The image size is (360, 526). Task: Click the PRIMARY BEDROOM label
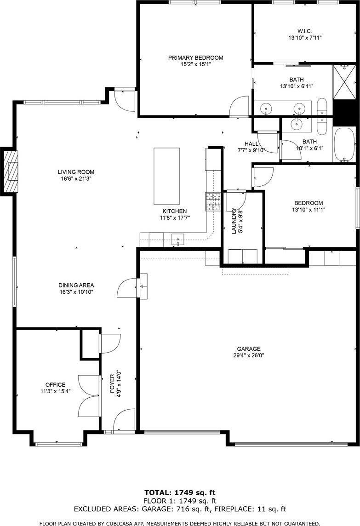point(195,58)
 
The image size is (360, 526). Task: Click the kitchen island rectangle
point(166,176)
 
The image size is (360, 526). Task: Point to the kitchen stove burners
point(213,201)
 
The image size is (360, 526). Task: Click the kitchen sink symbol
point(177,239)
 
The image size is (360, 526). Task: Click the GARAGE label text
point(249,349)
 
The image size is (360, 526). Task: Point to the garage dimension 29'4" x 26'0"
point(249,355)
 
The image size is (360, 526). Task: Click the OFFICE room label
point(55,385)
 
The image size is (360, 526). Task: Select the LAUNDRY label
point(234,222)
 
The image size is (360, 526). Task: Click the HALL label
point(251,144)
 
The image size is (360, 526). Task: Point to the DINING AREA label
point(77,285)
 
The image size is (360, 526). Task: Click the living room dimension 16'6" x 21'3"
point(76,178)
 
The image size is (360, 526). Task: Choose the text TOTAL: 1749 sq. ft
point(180,492)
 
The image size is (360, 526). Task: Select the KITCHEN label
point(174,211)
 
